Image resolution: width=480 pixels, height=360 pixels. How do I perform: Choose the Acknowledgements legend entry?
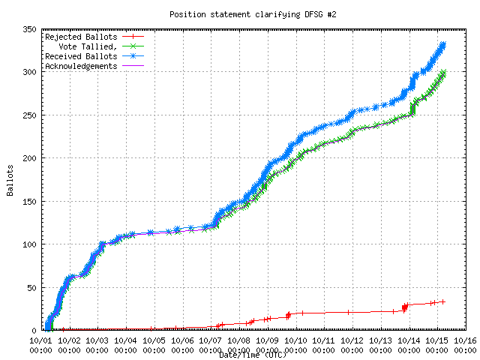[80, 66]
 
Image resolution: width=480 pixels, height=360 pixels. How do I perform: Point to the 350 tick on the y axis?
[29, 29]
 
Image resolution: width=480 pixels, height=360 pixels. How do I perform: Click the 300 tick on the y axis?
[29, 72]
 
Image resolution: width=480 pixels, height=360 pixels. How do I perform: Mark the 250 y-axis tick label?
[29, 115]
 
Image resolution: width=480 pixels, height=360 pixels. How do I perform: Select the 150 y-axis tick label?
[29, 201]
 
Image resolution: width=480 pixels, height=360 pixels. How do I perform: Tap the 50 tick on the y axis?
[31, 287]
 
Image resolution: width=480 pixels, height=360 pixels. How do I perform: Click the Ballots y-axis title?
[10, 180]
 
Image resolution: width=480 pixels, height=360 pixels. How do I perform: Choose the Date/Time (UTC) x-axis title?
[253, 354]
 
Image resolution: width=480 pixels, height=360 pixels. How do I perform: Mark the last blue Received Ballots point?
[443, 44]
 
